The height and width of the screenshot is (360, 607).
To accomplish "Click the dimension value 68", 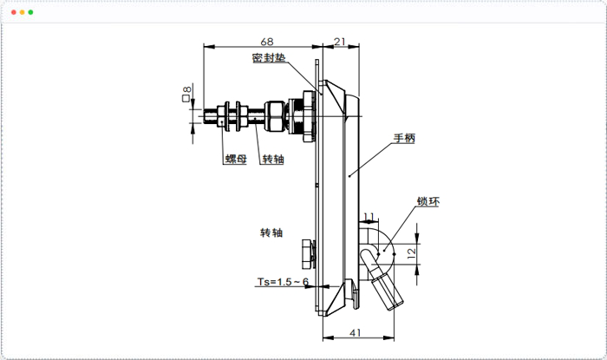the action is point(267,42).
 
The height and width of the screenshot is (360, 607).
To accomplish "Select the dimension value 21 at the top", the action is point(340,42).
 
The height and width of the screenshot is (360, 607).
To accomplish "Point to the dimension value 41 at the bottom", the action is point(355,332).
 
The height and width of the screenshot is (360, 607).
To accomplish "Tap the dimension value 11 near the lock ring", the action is point(369,217).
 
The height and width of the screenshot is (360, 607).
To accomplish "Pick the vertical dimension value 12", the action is point(412,253).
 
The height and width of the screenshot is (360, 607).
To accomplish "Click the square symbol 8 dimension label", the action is point(186,94).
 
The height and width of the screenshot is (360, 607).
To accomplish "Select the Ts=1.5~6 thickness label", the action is point(283,281).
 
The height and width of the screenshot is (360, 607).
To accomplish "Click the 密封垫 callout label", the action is point(269,58).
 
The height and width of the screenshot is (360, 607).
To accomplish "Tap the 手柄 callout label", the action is point(404,138).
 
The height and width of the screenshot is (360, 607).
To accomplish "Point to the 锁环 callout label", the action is point(428,201).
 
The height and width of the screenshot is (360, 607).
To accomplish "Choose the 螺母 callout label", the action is point(236,159).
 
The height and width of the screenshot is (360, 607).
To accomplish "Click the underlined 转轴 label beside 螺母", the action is point(273,159).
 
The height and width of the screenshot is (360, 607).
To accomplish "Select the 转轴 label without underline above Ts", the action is point(271,232).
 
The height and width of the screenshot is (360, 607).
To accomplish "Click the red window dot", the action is point(14,12).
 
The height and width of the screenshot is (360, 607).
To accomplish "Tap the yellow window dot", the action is point(23,12).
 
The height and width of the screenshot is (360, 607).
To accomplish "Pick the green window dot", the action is point(31,12).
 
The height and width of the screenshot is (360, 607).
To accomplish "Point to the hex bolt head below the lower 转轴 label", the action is point(308,254).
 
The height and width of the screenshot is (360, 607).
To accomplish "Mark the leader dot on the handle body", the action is point(349,176).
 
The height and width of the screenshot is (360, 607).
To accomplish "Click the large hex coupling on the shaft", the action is point(275,115).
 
